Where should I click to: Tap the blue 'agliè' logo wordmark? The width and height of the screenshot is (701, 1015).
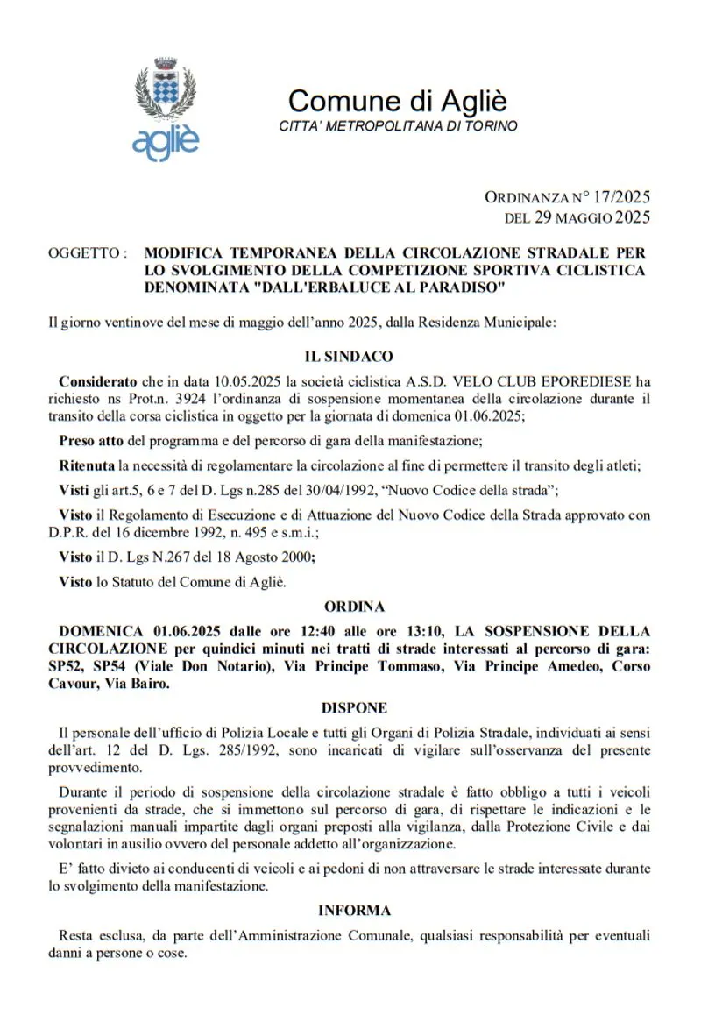[x=166, y=141]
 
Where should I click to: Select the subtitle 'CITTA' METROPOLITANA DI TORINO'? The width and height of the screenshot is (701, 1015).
[x=398, y=126]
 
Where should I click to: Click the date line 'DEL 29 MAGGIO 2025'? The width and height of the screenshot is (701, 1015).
[x=577, y=216]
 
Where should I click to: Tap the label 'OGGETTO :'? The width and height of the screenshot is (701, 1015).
[x=89, y=252]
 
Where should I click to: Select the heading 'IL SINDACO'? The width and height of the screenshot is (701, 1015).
[x=349, y=357]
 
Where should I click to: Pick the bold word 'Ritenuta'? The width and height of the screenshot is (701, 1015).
[x=87, y=465]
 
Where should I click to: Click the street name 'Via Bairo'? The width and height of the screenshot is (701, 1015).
[x=138, y=684]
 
